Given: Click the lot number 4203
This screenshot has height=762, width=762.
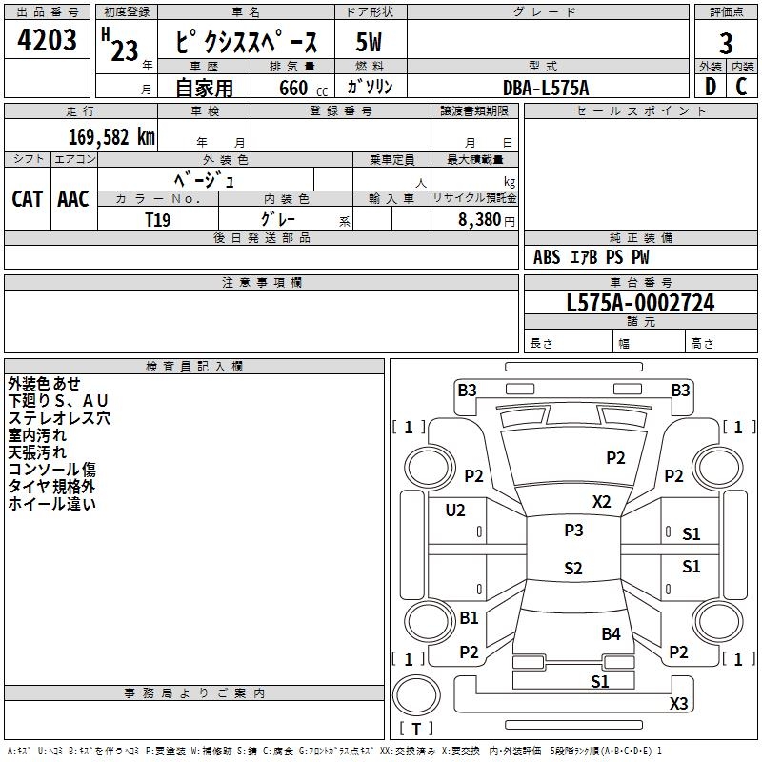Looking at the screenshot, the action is (x=47, y=40).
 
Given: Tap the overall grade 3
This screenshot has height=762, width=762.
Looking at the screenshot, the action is (x=726, y=44).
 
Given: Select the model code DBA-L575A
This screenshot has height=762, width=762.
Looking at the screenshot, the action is (x=546, y=88).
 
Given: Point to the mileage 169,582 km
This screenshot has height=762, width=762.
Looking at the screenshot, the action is (x=111, y=137).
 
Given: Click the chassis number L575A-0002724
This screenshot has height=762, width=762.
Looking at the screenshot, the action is (x=640, y=303).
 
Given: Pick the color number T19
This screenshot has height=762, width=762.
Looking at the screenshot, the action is (x=158, y=220).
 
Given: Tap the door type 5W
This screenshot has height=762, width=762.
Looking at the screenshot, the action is (x=369, y=42).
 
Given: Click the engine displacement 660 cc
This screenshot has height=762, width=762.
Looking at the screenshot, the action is (x=303, y=89).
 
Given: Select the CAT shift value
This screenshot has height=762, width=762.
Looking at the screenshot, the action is (x=28, y=199).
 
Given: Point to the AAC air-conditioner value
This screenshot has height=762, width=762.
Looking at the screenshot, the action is (x=73, y=199).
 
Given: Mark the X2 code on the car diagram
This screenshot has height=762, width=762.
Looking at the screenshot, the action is (x=601, y=502).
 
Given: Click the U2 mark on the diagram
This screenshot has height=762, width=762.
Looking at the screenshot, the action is (x=455, y=511).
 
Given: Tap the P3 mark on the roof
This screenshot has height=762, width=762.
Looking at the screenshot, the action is (x=573, y=531).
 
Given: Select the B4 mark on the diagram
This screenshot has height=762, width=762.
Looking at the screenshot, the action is (x=611, y=633).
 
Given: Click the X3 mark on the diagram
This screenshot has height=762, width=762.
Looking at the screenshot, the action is (x=678, y=704).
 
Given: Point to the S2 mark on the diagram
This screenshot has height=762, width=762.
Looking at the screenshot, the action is (x=573, y=568).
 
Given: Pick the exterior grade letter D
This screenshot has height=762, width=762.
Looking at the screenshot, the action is (x=711, y=87).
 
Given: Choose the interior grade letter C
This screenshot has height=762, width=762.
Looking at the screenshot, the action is (x=742, y=87).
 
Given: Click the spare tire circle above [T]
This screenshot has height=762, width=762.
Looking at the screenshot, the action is (x=416, y=674).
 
